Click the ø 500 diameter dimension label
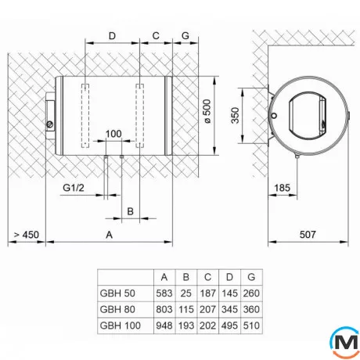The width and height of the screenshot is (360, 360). [x=207, y=111]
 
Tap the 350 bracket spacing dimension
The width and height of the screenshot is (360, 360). [x=235, y=115]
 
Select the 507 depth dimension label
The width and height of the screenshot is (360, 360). [x=308, y=235]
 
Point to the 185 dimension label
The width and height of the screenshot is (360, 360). [x=282, y=188]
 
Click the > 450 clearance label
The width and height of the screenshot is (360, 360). [x=27, y=235]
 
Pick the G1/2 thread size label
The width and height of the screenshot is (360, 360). [x=74, y=188]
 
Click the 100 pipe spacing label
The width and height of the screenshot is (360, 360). [x=113, y=134]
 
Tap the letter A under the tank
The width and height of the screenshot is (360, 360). [x=110, y=235]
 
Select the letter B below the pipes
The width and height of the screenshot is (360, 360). [x=131, y=211]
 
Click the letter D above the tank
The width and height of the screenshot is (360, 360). [x=112, y=36]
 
